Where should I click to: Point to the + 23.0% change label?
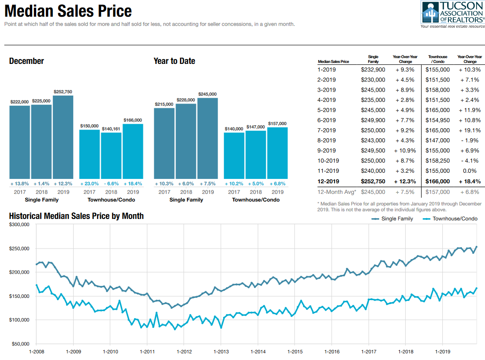pos(89,183)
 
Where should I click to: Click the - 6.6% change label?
pos(111,183)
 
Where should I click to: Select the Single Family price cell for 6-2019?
pos(373,120)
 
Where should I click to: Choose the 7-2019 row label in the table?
pos(327,130)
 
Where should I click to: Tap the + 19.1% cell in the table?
pos(470,130)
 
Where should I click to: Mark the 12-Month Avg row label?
pos(336,192)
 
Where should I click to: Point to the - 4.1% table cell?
pos(470,161)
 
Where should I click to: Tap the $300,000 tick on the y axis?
pos(19,225)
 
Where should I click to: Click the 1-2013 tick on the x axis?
pos(221,351)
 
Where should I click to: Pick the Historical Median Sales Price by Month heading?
pos(76,216)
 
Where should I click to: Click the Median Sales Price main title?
pos(68,11)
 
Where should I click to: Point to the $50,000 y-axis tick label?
pos(20,344)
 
